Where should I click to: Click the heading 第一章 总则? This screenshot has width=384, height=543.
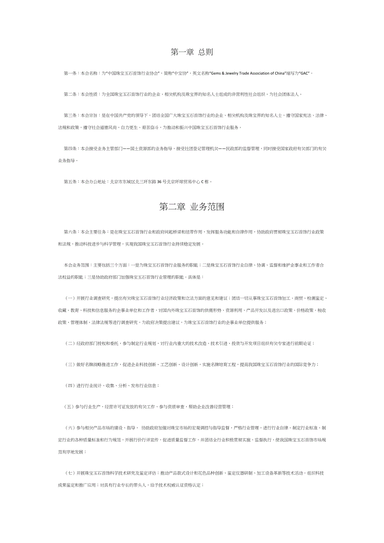pyautogui.click(x=192, y=52)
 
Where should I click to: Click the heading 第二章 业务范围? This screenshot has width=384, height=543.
pyautogui.click(x=192, y=207)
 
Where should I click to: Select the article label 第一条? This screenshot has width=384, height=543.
pyautogui.click(x=70, y=73)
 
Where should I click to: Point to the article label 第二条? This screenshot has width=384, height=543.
pyautogui.click(x=70, y=94)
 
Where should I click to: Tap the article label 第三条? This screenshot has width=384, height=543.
pyautogui.click(x=70, y=115)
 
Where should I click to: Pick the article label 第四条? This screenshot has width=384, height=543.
pyautogui.click(x=70, y=148)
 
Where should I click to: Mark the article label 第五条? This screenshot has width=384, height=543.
pyautogui.click(x=70, y=182)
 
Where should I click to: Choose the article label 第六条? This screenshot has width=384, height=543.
pyautogui.click(x=70, y=231)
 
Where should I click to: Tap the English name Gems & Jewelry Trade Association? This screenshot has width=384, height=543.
pyautogui.click(x=242, y=73)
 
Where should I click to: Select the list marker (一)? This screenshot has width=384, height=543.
pyautogui.click(x=70, y=298)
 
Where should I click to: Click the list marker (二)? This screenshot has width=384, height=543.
pyautogui.click(x=70, y=344)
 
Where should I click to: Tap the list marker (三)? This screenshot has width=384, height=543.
pyautogui.click(x=70, y=365)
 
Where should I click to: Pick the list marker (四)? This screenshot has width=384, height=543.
pyautogui.click(x=70, y=386)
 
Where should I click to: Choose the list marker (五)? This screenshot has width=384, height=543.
pyautogui.click(x=70, y=407)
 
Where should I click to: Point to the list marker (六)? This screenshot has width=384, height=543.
pyautogui.click(x=70, y=428)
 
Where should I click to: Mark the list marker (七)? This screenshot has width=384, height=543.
pyautogui.click(x=70, y=473)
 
